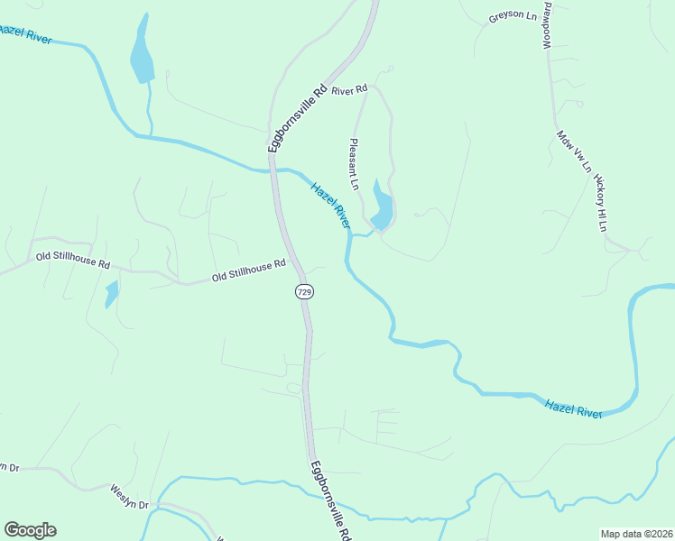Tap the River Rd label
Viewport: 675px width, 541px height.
350,90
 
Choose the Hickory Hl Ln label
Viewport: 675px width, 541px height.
600,201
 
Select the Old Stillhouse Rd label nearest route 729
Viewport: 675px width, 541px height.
248,270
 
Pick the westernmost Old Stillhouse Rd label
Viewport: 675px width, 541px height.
72,261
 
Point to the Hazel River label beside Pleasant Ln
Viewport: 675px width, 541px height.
330,206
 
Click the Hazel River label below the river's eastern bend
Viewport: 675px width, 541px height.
573,408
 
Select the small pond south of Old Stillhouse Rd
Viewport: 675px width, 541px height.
111,293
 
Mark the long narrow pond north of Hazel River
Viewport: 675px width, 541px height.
142,54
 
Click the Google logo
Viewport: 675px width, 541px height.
30,530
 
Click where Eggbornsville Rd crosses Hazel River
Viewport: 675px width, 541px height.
273,168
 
